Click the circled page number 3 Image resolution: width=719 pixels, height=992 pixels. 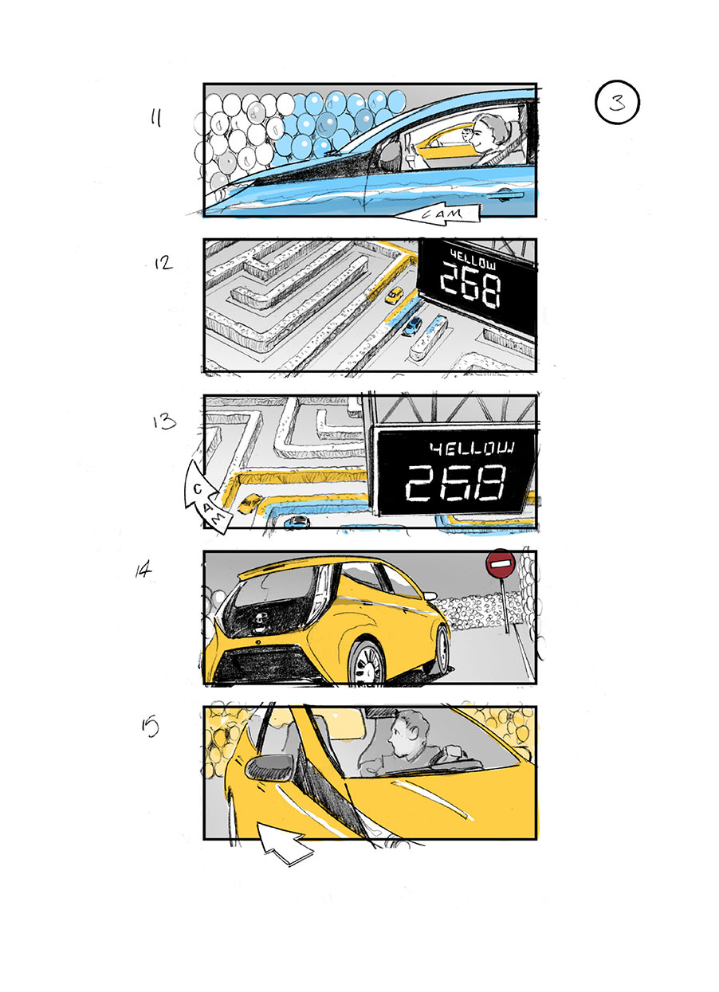click(x=617, y=103)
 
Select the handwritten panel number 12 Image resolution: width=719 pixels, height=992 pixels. click(x=163, y=262)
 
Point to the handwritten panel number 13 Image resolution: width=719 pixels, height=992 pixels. click(x=164, y=421)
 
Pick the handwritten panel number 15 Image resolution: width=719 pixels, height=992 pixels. click(x=150, y=726)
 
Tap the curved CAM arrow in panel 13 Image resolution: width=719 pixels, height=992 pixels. click(x=202, y=496)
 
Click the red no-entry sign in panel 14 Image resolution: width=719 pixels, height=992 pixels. click(x=501, y=565)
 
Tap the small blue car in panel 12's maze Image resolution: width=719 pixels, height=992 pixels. click(x=412, y=326)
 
